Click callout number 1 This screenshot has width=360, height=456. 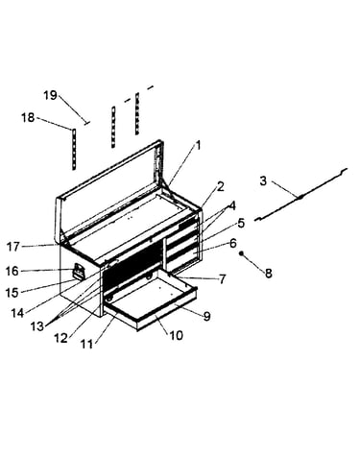tap(198, 146)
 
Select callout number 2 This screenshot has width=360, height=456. tap(221, 186)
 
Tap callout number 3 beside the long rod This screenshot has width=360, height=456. tap(263, 180)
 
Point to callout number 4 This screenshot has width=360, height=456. tap(232, 205)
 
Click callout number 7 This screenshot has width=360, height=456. tap(223, 279)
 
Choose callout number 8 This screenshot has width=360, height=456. tap(268, 273)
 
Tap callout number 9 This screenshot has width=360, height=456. tap(206, 316)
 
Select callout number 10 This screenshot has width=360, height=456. tap(176, 335)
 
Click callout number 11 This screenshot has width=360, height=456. tap(86, 344)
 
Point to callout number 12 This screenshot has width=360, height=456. tap(60, 338)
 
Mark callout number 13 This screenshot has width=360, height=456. tap(37, 326)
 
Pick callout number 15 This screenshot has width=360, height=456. tap(12, 293)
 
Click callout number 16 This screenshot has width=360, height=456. tap(12, 272)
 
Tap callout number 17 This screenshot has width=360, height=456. tap(13, 247)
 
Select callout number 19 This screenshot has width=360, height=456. tap(50, 95)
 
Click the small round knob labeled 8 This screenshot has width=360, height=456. tap(242, 253)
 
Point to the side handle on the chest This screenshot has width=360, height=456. tap(79, 272)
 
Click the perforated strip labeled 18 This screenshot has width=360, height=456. tap(74, 149)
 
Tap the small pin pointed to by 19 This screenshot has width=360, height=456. tap(86, 123)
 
